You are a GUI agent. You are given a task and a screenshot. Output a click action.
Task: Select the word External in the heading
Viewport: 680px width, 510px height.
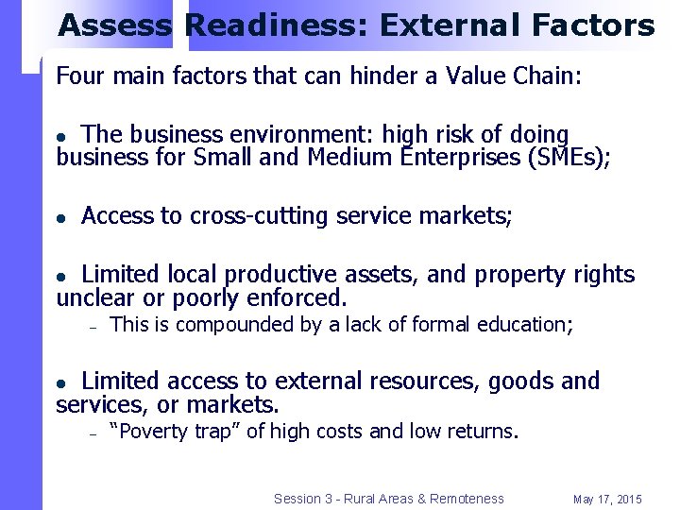click(x=436, y=25)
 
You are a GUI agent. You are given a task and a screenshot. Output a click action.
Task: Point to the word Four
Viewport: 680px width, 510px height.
click(x=79, y=76)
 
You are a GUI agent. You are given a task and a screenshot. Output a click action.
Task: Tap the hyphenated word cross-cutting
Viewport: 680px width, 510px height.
click(x=259, y=216)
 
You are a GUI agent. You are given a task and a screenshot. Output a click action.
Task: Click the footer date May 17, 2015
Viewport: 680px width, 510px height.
click(x=607, y=499)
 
